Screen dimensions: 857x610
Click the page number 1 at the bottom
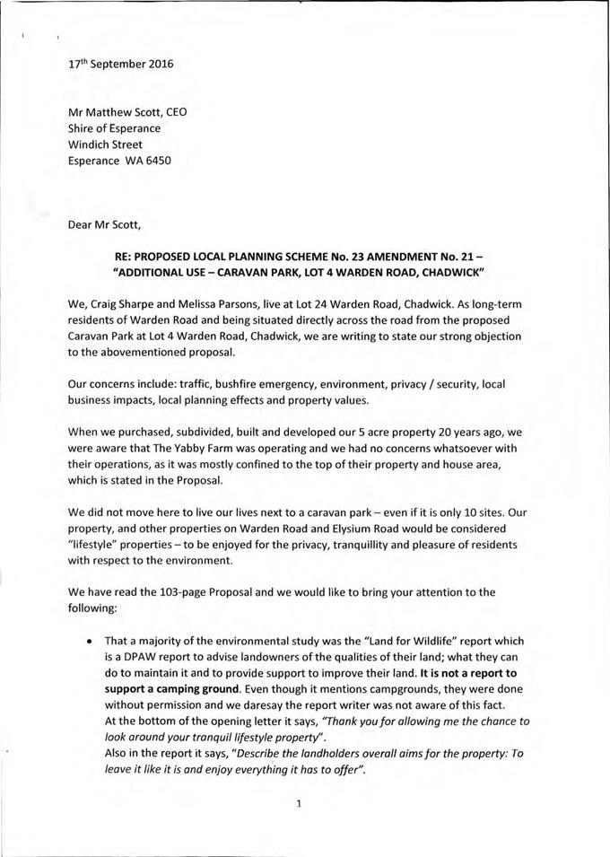(297, 804)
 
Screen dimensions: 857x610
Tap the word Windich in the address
(90, 144)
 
